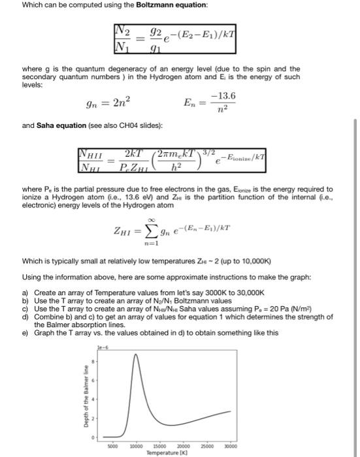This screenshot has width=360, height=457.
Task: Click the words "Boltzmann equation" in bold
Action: pyautogui.click(x=161, y=6)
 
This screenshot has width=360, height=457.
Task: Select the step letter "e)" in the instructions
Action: pyautogui.click(x=25, y=332)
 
